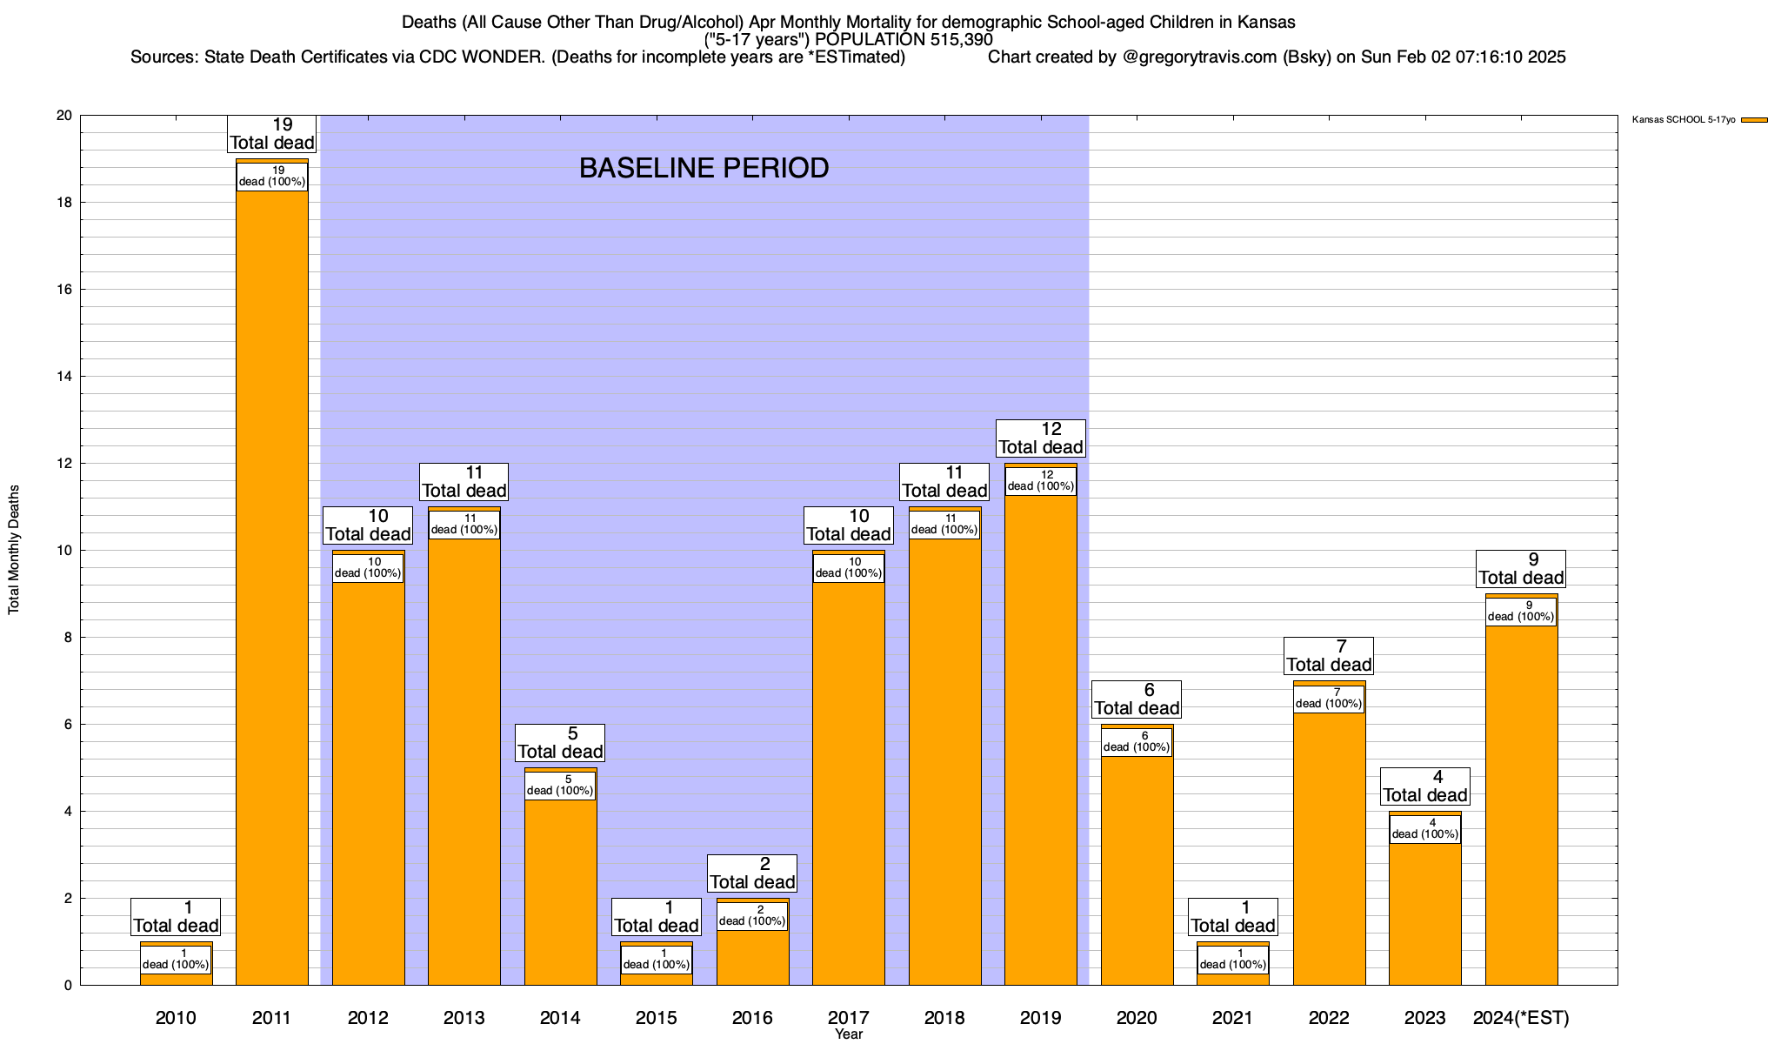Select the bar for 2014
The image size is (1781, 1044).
(560, 887)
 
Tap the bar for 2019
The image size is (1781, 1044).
(1041, 739)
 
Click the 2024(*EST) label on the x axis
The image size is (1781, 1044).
(1521, 1018)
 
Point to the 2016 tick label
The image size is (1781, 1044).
(752, 1018)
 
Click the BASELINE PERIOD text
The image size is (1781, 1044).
(704, 168)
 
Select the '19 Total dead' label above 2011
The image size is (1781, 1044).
(272, 134)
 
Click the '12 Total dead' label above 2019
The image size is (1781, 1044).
(1041, 438)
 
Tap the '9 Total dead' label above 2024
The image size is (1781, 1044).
(1521, 569)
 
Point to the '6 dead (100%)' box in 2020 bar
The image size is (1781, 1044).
(1137, 742)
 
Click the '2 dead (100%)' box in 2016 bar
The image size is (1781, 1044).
(752, 916)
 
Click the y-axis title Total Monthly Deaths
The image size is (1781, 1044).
(14, 550)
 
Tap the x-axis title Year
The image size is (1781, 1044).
(848, 1034)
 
